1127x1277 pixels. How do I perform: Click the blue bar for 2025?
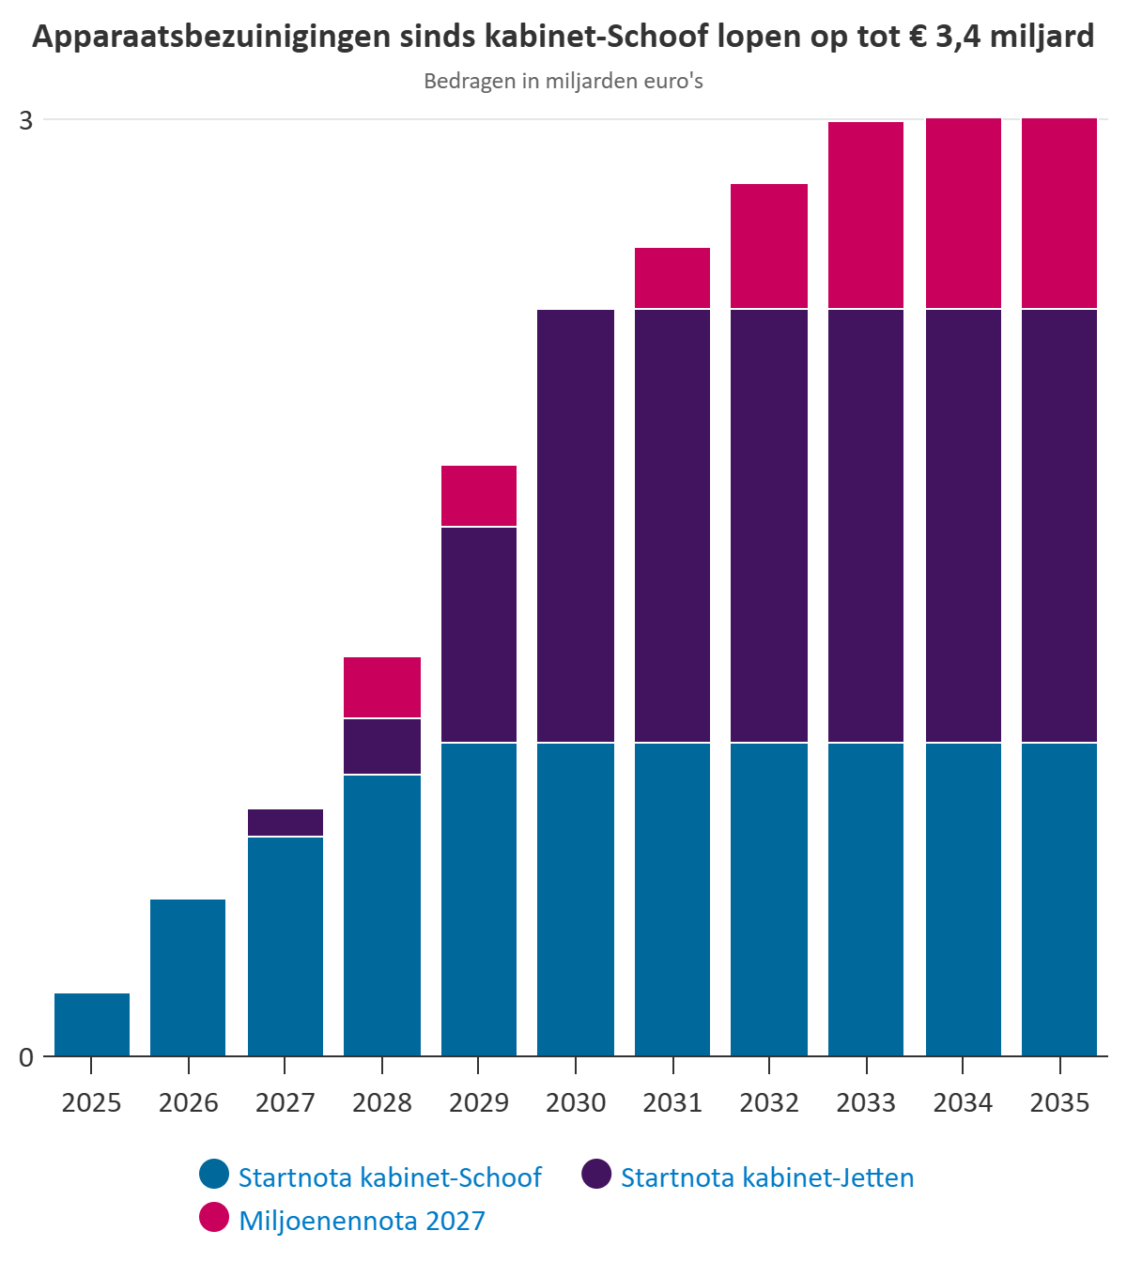coord(92,1024)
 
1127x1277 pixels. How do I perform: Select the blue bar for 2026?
coord(188,977)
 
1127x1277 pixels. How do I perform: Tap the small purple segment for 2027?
coord(286,823)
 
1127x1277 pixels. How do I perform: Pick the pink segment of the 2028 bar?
coord(382,687)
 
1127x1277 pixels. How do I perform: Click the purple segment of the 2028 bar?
coord(382,746)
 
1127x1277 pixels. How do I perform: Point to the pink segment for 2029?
coord(479,496)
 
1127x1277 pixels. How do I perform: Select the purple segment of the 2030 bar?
coord(576,526)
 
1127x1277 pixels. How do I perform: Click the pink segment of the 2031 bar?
coord(672,278)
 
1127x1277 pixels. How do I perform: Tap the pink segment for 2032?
coord(769,246)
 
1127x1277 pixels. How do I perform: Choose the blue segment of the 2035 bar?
coord(1059,900)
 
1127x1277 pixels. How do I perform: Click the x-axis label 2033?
coord(866,1103)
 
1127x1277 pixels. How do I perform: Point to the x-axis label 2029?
coord(479,1103)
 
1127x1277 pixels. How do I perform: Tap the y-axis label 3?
coord(26,120)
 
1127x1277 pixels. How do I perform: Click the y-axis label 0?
coord(26,1057)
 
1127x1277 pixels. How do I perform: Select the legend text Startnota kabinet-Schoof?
coord(390,1178)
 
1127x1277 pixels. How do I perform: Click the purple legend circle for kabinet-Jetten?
coord(596,1174)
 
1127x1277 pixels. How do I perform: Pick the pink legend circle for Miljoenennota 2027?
coord(214,1217)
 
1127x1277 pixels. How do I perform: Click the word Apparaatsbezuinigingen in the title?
coord(211,37)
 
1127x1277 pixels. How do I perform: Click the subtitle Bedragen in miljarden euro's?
coord(563,82)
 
